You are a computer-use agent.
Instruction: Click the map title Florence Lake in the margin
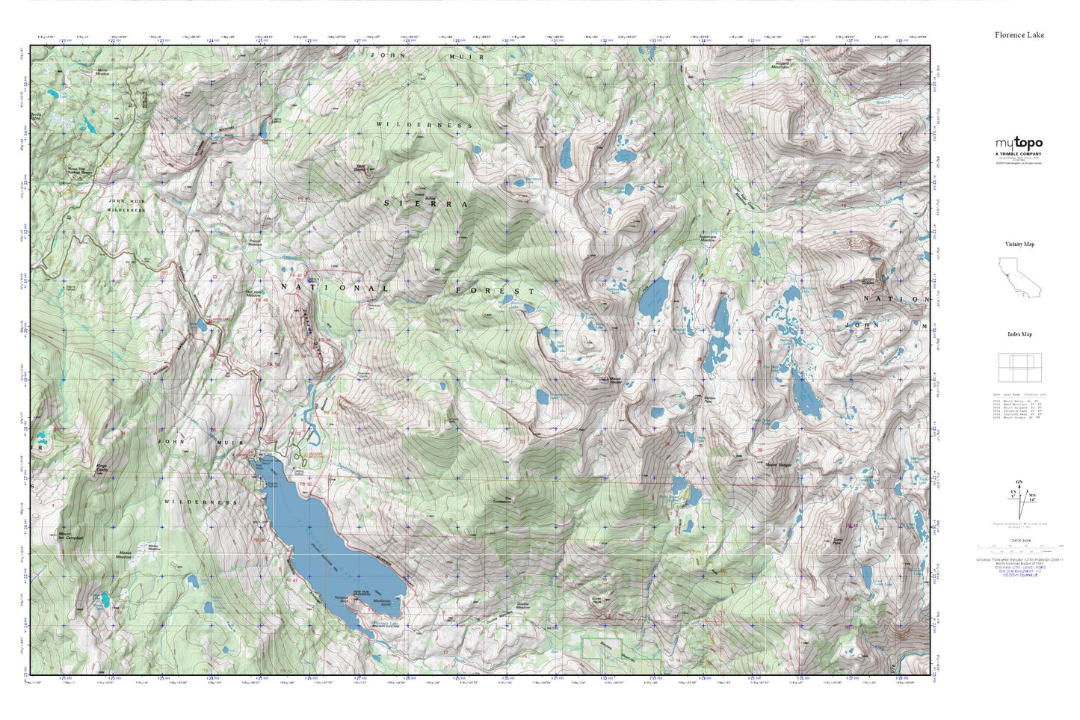point(1019,35)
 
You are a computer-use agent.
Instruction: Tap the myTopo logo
point(1018,144)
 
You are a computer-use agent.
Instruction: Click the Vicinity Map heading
point(1019,244)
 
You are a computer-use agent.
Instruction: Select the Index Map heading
point(1019,334)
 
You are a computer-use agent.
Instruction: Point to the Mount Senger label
point(778,465)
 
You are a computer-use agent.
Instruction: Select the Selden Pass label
point(712,399)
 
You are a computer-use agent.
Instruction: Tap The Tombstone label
point(507,500)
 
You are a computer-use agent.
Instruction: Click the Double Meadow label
point(522,605)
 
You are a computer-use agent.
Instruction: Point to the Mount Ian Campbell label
point(70,536)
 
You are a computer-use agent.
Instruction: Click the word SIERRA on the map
point(426,203)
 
